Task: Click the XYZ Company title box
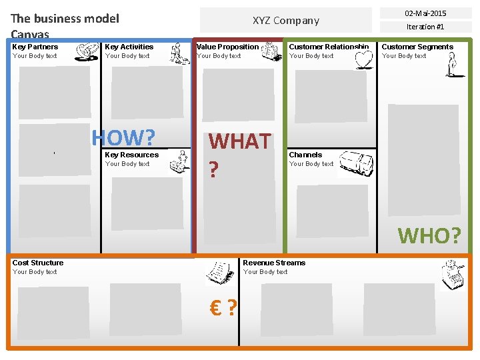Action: (286, 21)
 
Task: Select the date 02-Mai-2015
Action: (425, 13)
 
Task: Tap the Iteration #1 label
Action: (425, 27)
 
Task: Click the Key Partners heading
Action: (35, 47)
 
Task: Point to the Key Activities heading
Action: (129, 47)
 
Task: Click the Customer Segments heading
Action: (417, 47)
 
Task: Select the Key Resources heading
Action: (132, 155)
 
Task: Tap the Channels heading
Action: (305, 155)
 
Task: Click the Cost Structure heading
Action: (38, 263)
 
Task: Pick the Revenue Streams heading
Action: (274, 263)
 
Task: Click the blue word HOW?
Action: (123, 138)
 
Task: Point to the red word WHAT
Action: (239, 141)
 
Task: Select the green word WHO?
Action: (429, 235)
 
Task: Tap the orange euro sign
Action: (215, 308)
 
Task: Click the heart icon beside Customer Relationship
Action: (363, 60)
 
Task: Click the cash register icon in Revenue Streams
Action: (453, 273)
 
